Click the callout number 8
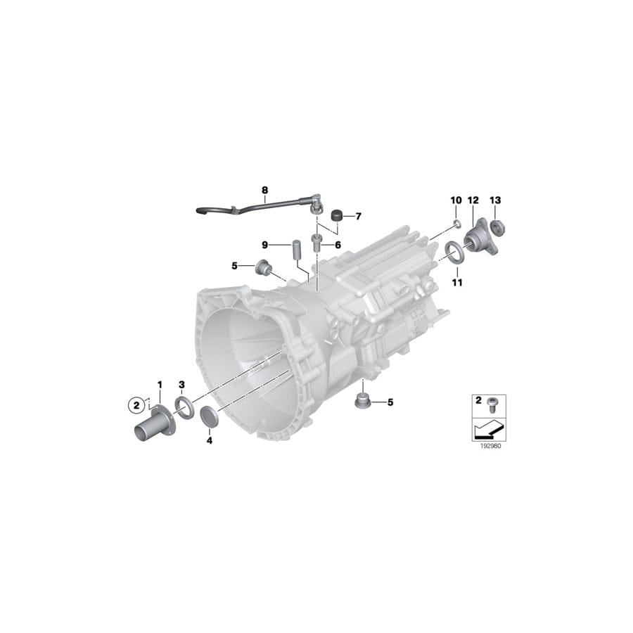[x=264, y=190]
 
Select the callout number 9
[x=265, y=245]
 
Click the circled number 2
[x=134, y=404]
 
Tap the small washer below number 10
[x=456, y=224]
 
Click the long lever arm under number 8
[x=253, y=206]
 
